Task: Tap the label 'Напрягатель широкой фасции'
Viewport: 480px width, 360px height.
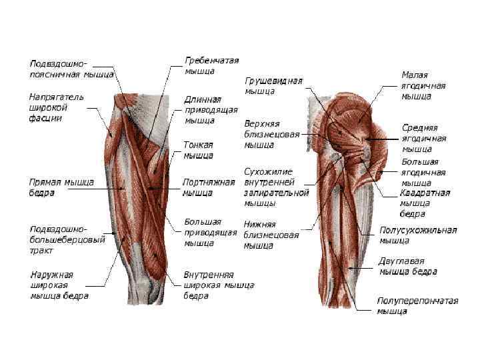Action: [56, 107]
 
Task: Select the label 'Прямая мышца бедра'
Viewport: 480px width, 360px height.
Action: [61, 187]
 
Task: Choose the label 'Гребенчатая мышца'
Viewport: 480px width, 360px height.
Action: [211, 65]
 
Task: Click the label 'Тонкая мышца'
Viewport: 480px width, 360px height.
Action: [198, 150]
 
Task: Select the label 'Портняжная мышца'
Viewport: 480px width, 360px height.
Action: [209, 187]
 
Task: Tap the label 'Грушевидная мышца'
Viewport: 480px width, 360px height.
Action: [273, 86]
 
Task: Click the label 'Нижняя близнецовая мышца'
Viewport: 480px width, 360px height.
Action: [271, 235]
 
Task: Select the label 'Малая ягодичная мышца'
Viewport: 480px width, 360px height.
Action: [423, 86]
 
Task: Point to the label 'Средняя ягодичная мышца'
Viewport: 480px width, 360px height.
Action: [423, 138]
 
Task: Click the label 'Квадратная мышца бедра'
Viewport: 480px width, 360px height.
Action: [425, 203]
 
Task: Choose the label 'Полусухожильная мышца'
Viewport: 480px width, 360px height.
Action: [417, 235]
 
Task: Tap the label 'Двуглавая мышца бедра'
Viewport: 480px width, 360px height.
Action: [407, 267]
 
